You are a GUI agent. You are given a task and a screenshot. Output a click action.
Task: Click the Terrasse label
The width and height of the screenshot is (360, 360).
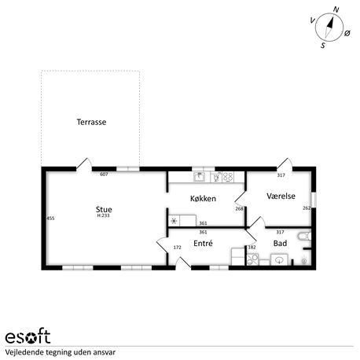point(91,122)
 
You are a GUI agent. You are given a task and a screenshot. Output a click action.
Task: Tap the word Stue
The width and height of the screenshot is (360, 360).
point(104,209)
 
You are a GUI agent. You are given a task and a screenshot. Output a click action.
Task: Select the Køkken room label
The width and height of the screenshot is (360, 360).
point(203,198)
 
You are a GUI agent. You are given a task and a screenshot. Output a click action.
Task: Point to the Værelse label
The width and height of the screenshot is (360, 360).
point(281,196)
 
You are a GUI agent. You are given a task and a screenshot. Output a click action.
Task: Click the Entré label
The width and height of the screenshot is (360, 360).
point(203,243)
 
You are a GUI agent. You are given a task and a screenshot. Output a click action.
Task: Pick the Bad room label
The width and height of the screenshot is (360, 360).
point(280,243)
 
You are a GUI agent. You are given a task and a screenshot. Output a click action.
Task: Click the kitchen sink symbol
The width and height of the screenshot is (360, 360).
point(200,177)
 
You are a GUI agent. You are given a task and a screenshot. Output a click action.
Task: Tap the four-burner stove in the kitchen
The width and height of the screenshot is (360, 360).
point(228,177)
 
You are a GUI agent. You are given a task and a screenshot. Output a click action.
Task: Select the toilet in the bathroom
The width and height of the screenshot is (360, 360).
point(305,236)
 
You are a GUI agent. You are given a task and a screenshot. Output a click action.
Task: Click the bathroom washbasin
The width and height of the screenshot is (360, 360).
point(279,259)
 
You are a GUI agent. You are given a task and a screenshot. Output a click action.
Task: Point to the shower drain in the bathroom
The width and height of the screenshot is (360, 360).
point(304,261)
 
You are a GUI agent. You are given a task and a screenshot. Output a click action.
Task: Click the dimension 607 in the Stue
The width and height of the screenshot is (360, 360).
point(104,174)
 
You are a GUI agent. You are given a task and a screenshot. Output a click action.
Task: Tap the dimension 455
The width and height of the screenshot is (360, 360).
point(50,218)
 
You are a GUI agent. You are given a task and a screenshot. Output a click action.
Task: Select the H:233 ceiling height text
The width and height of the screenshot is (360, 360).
point(103,215)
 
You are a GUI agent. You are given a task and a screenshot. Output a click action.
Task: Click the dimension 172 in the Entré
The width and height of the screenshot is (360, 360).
point(178,247)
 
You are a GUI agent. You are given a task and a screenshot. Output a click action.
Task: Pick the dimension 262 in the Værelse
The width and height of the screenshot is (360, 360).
point(307,208)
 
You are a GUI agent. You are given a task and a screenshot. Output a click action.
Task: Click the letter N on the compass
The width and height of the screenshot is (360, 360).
point(336,10)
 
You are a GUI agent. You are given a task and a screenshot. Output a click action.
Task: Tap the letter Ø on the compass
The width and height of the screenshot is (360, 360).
point(347,33)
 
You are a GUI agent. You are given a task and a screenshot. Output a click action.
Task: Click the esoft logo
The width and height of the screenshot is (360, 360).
point(28,336)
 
